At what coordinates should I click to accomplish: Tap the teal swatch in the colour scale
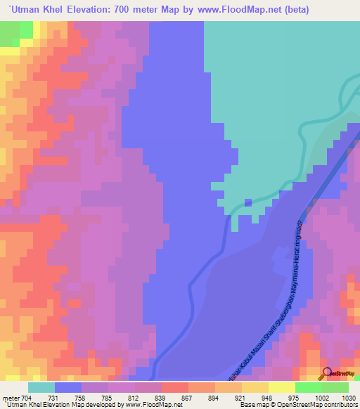click(41, 387)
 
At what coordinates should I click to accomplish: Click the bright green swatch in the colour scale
click(308, 387)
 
